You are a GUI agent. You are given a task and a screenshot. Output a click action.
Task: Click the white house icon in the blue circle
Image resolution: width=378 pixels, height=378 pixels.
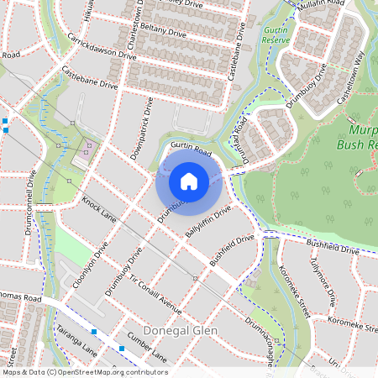click(x=189, y=181)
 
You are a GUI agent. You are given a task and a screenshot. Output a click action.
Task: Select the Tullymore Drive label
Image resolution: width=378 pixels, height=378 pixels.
click(x=324, y=284)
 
